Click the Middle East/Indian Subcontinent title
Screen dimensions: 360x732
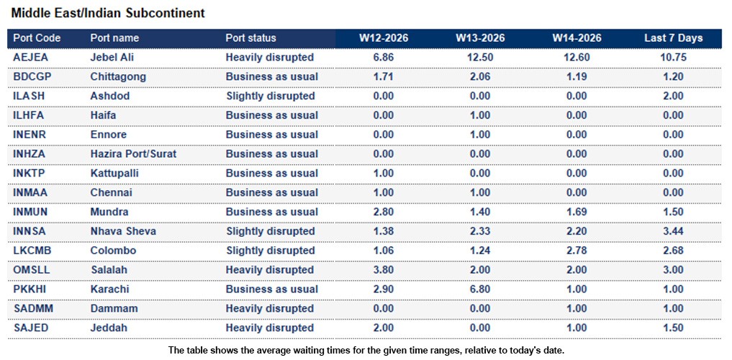(x=108, y=13)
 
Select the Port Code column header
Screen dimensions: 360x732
(x=37, y=38)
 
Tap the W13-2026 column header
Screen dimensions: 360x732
(x=480, y=38)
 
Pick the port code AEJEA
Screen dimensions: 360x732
(x=30, y=57)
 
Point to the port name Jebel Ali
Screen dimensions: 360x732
(x=112, y=57)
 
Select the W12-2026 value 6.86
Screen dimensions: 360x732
(x=384, y=57)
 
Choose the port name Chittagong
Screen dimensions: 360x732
(x=118, y=76)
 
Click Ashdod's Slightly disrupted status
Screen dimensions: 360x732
(x=270, y=96)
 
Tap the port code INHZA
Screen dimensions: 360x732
(x=30, y=154)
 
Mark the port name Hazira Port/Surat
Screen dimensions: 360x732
(x=133, y=154)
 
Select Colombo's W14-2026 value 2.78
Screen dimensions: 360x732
(x=577, y=251)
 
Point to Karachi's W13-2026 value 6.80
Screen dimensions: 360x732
(x=480, y=289)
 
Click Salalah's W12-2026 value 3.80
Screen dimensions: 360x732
(x=384, y=270)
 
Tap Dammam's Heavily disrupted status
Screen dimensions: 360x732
(x=270, y=309)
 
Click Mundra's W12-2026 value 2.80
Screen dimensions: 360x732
(x=384, y=212)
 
